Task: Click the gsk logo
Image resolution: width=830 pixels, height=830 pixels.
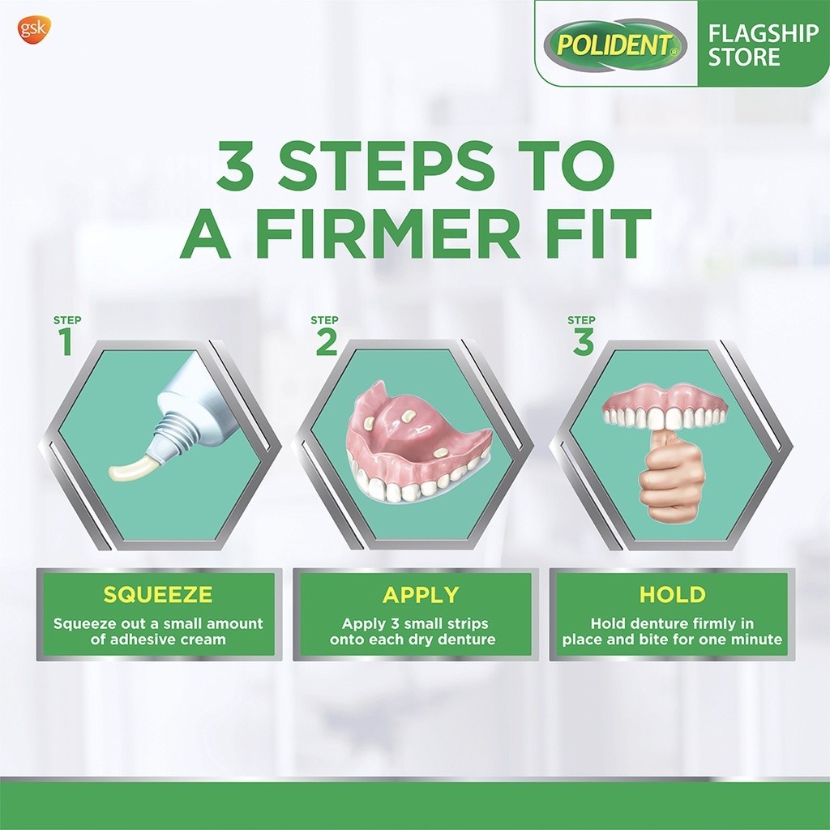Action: point(35,30)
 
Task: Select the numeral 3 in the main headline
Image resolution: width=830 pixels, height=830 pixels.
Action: point(236,165)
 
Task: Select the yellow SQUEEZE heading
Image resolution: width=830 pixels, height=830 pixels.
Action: point(158,594)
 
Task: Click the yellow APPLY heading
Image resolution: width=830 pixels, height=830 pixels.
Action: point(421,595)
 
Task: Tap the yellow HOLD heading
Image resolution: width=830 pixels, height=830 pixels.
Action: point(672,594)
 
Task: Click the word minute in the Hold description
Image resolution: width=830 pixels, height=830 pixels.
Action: point(757,640)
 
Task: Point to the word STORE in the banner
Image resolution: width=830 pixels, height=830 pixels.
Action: point(744,57)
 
